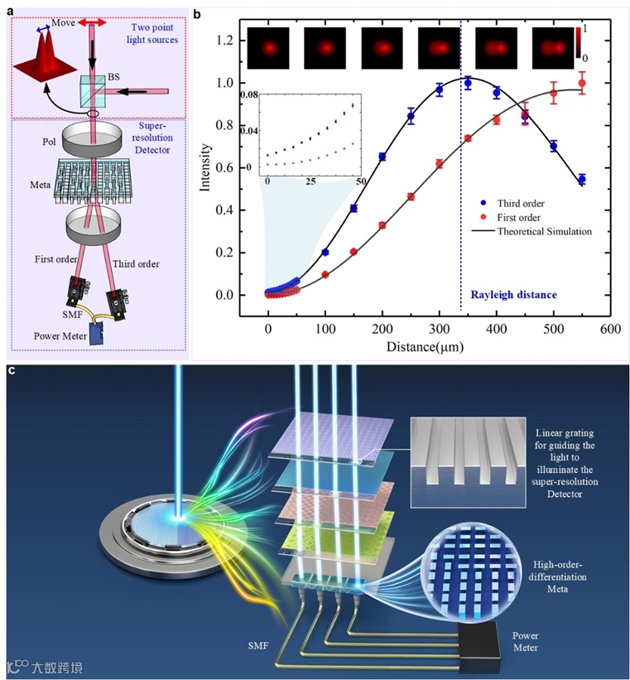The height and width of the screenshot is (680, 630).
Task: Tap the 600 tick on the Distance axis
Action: click(x=610, y=330)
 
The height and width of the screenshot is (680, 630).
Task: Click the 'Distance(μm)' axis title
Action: click(x=425, y=345)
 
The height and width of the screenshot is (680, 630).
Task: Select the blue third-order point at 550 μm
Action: click(x=582, y=179)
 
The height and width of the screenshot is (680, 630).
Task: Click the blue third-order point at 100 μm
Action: click(x=325, y=252)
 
